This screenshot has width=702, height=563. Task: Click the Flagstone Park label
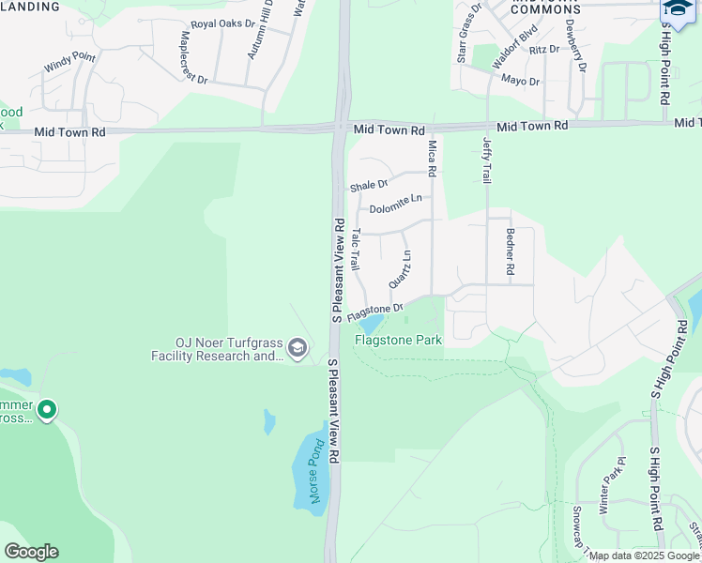[398, 341]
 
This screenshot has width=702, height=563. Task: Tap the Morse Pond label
[317, 471]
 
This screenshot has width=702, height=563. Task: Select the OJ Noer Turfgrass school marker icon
[298, 349]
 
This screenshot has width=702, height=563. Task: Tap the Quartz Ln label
[401, 269]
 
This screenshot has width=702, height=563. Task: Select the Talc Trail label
[355, 250]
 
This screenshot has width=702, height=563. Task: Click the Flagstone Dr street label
[374, 310]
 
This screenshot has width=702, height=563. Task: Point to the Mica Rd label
[433, 159]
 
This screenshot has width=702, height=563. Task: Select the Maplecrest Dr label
[193, 57]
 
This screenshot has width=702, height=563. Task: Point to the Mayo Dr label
[520, 82]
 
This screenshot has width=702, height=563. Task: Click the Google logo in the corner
[31, 552]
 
